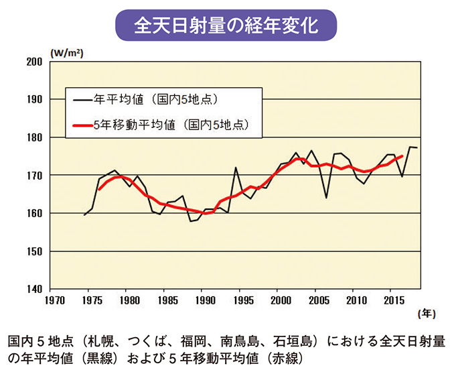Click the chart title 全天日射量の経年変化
coord(226,25)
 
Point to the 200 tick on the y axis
coord(34,62)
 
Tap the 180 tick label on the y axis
coord(34,137)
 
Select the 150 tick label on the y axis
coord(34,251)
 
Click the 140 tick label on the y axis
coord(34,289)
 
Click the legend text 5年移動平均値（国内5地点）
coord(168,124)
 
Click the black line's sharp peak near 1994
coord(236,167)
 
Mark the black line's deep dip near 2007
coord(326,198)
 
